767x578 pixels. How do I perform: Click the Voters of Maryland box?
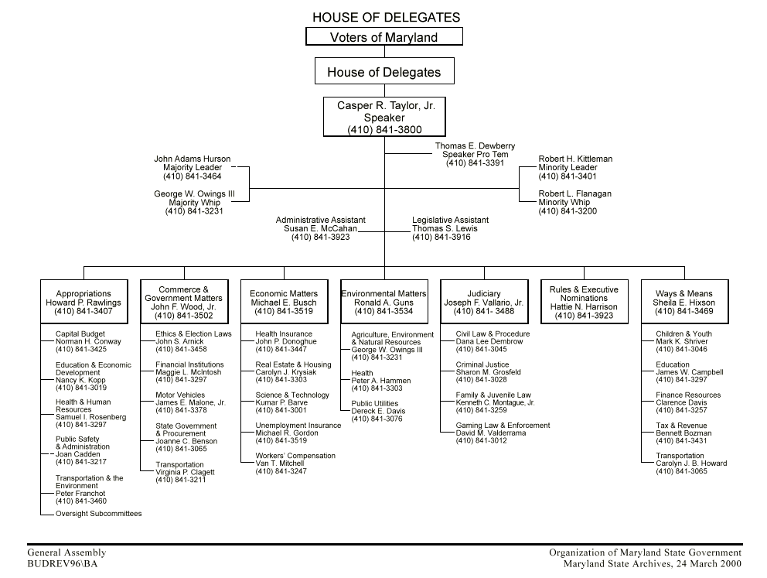[x=384, y=37]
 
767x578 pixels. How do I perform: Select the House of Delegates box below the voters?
[x=384, y=72]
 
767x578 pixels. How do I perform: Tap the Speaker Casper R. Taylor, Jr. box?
[x=384, y=118]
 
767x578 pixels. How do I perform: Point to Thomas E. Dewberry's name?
[x=475, y=146]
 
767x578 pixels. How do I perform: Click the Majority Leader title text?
[x=193, y=168]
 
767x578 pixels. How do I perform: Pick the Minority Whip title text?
[x=564, y=203]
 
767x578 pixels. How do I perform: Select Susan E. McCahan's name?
[x=320, y=229]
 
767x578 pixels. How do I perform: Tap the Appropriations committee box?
[x=84, y=303]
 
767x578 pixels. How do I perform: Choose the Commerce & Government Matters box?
[x=184, y=303]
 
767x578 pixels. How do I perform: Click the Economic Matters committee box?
[x=284, y=303]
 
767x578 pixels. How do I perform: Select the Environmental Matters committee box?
[x=384, y=303]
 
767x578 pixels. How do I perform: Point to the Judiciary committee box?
[x=484, y=303]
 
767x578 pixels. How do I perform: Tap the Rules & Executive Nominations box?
[x=585, y=303]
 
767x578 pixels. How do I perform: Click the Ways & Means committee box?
[x=684, y=303]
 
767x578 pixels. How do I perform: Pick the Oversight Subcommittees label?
[x=98, y=514]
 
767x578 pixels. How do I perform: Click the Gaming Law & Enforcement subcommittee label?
[x=503, y=426]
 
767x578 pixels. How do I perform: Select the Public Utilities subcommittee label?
[x=374, y=403]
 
